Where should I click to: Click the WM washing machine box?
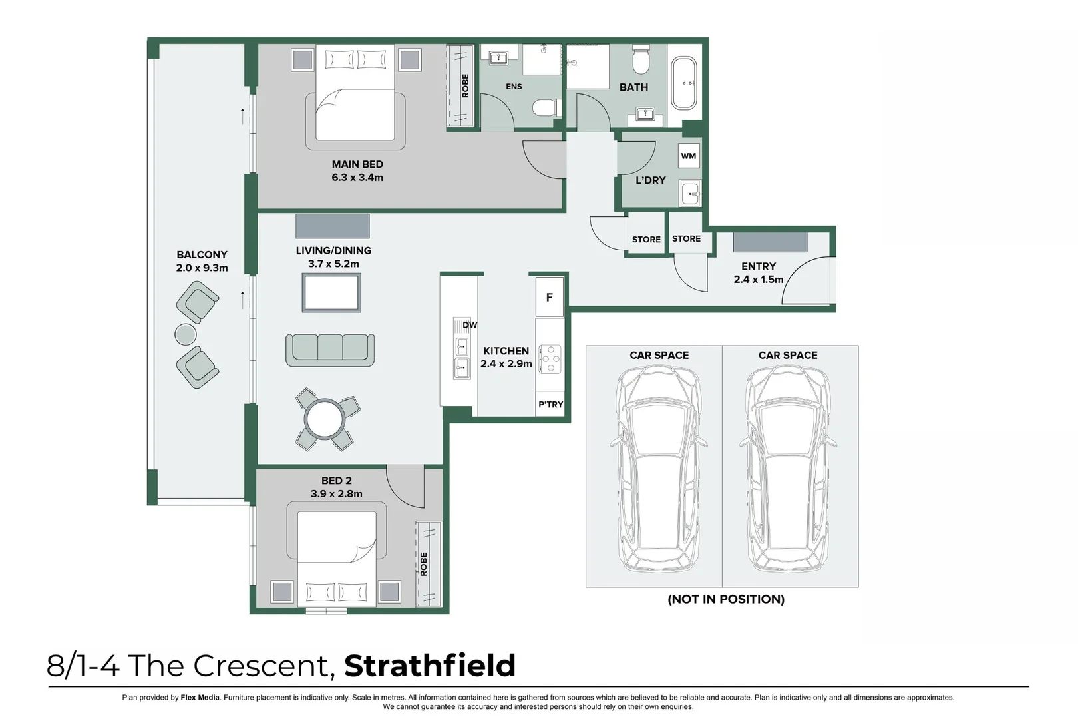point(689,156)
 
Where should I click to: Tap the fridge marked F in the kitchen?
point(550,297)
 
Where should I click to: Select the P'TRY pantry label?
point(551,405)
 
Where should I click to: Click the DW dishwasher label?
point(470,325)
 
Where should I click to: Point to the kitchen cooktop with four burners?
point(550,359)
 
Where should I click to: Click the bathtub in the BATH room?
point(684,84)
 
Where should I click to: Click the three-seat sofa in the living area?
point(330,349)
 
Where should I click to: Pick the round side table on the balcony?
point(186,334)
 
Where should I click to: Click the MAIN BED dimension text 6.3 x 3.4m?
point(357,178)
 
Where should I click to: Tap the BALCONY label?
point(202,254)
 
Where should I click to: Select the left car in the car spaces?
point(658,469)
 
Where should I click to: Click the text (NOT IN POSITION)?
point(726,599)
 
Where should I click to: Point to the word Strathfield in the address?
point(430,666)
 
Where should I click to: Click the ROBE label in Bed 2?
point(424,564)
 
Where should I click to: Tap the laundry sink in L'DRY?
point(690,194)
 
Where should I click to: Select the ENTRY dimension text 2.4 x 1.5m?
point(759,280)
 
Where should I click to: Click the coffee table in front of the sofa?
point(331,292)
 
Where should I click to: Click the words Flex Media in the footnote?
point(200,698)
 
